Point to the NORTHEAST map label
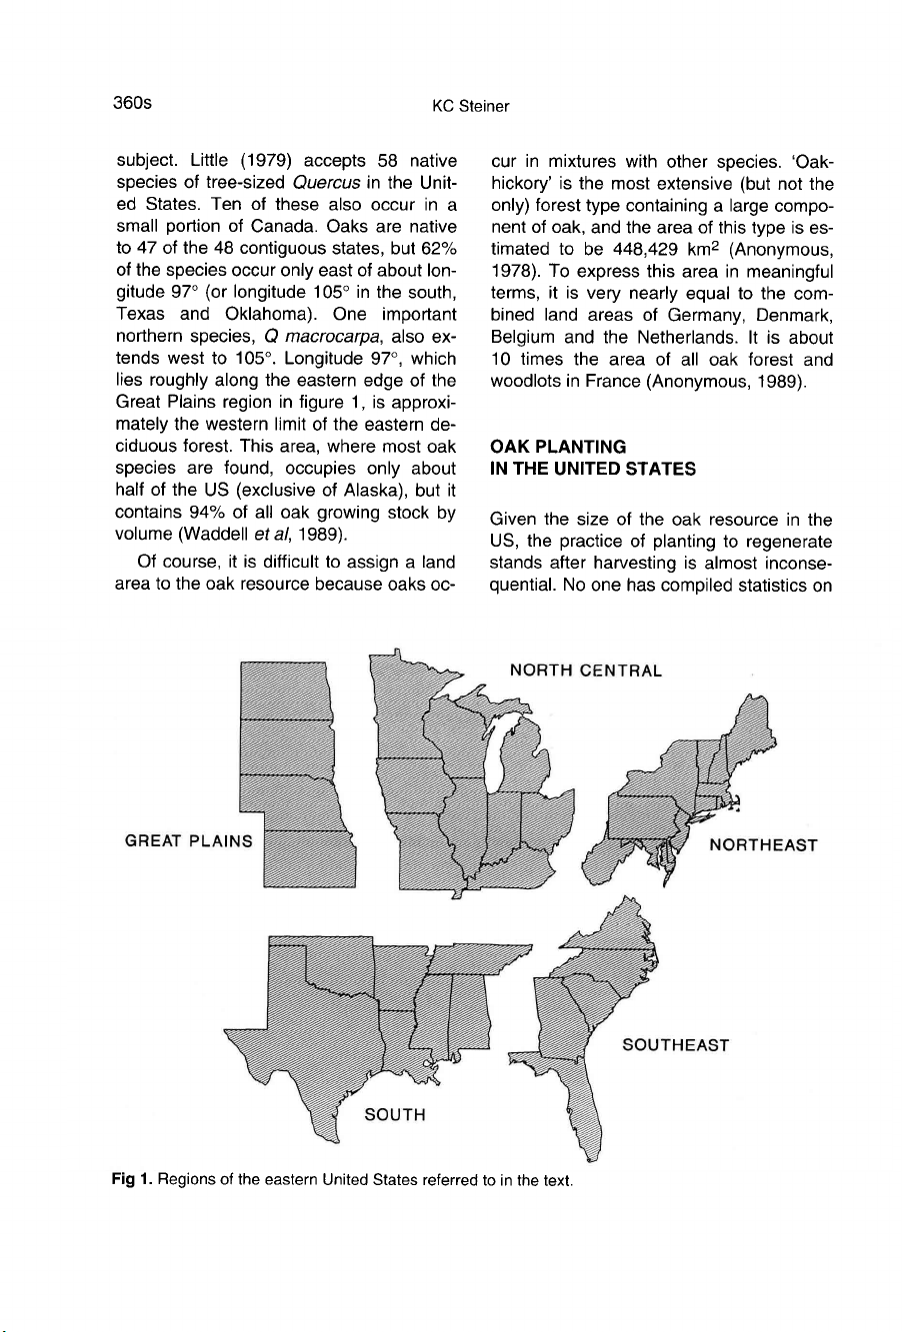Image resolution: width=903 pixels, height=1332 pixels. click(763, 845)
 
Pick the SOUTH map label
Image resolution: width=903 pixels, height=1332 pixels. click(394, 1114)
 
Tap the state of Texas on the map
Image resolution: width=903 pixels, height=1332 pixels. click(300, 1059)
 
